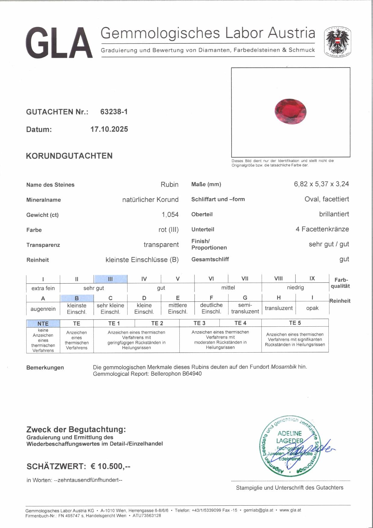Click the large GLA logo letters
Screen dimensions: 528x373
[x=59, y=43]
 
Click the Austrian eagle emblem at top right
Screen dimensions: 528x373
[x=337, y=42]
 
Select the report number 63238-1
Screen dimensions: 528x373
[x=114, y=112]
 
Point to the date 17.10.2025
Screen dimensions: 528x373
[x=109, y=129]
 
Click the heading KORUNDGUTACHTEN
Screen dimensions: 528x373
[x=69, y=156]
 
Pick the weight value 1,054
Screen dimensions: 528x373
[x=170, y=215]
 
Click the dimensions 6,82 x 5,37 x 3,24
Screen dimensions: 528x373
[x=321, y=184]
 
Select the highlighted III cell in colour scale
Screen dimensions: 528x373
[x=110, y=279]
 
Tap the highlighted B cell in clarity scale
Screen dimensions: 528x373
[x=77, y=298]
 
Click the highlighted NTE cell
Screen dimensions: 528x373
[x=43, y=323]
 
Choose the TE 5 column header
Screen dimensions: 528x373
[x=295, y=323]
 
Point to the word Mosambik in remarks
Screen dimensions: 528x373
[x=284, y=367]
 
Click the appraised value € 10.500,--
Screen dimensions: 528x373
[x=110, y=466]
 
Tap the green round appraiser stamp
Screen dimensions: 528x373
[x=290, y=446]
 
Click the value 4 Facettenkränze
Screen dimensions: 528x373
[x=322, y=229]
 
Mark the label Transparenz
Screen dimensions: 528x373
[x=43, y=245]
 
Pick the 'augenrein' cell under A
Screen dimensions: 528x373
[x=43, y=309]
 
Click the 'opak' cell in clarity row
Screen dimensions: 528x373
[x=312, y=308]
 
